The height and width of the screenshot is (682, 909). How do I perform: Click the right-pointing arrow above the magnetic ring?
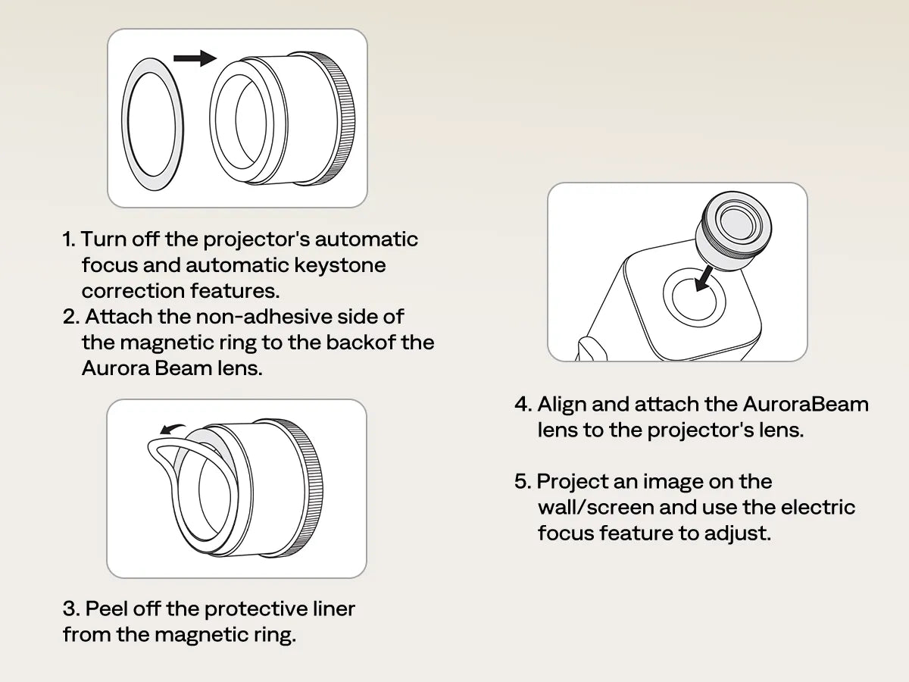(x=195, y=58)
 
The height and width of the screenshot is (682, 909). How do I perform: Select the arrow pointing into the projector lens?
(x=704, y=279)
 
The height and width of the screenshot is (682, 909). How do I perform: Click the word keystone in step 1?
(x=340, y=265)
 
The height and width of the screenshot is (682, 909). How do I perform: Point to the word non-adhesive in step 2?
(x=264, y=317)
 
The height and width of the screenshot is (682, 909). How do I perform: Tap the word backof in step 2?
(x=361, y=343)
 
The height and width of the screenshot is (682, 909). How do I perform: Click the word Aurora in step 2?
(x=116, y=368)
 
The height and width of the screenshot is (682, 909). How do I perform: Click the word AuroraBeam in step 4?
(x=805, y=404)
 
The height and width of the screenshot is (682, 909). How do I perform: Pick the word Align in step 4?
(x=562, y=405)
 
